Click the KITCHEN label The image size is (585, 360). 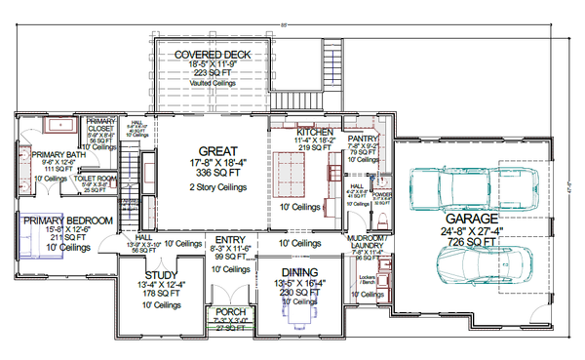pyautogui.click(x=316, y=132)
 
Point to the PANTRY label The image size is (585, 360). pyautogui.click(x=363, y=140)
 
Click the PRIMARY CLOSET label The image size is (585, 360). pyautogui.click(x=101, y=125)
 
